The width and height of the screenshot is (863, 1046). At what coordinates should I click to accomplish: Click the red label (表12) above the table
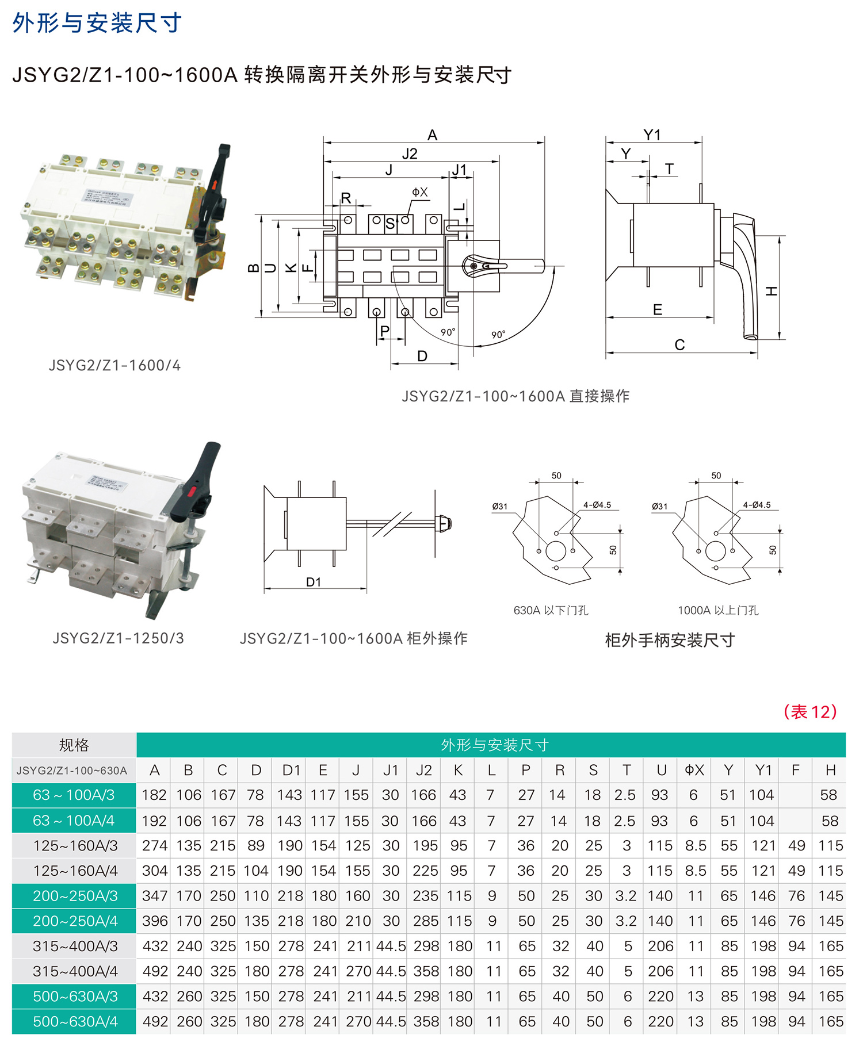(x=810, y=712)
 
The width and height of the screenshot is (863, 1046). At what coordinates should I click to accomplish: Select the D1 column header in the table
(x=291, y=770)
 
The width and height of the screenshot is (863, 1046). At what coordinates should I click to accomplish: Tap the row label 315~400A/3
(x=75, y=946)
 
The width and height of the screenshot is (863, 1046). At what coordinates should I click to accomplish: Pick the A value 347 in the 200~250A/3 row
(x=155, y=896)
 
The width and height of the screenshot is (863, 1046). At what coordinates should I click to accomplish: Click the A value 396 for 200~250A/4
(x=155, y=921)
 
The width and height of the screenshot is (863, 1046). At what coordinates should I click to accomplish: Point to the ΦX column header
(x=694, y=770)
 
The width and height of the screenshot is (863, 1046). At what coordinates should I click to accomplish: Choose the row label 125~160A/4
(x=75, y=871)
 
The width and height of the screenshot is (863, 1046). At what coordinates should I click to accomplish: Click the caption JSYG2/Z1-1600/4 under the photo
(x=114, y=366)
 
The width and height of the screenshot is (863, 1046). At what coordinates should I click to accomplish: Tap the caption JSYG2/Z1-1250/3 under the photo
(x=118, y=638)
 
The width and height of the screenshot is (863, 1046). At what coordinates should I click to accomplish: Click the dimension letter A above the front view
(x=433, y=135)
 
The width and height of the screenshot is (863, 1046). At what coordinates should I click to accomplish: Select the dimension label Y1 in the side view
(x=652, y=135)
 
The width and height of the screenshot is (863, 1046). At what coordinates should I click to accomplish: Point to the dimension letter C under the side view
(x=679, y=345)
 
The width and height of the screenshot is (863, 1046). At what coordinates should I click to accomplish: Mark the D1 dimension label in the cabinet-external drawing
(x=314, y=582)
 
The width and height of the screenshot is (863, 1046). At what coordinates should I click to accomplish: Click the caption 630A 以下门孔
(x=551, y=611)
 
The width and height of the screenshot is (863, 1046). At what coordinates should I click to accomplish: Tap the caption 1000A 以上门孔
(x=718, y=611)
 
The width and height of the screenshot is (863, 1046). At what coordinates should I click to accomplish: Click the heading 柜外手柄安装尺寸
(x=670, y=641)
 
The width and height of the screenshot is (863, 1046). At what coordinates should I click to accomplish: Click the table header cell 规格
(x=74, y=745)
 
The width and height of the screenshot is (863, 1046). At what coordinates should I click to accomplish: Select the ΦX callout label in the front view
(x=420, y=192)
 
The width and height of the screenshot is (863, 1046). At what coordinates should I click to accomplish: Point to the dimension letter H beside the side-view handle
(x=772, y=291)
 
